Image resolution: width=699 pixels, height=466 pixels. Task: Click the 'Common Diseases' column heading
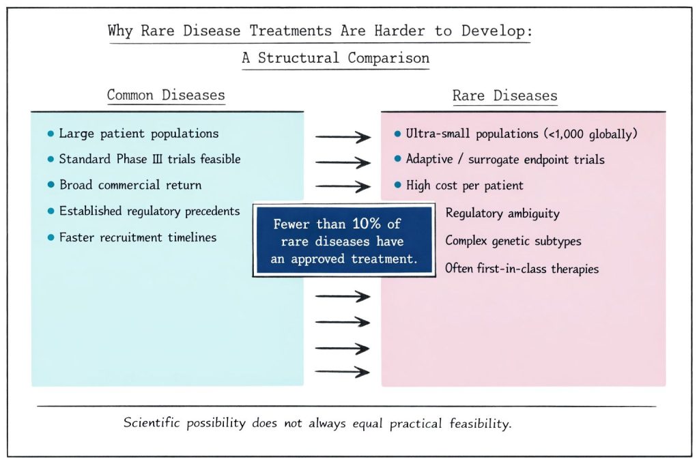[166, 95]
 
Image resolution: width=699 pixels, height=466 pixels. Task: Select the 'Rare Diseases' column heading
[504, 96]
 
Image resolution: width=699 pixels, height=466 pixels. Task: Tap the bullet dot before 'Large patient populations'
[50, 134]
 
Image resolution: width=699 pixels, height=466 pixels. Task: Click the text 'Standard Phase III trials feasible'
[149, 159]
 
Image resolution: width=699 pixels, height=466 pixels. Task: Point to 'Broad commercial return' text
[130, 185]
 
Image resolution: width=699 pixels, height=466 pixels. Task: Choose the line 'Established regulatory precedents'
[149, 212]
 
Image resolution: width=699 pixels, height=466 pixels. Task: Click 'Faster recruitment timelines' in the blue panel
[137, 237]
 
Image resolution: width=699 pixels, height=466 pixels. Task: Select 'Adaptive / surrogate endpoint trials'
[505, 159]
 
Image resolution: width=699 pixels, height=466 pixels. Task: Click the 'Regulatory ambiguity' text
[502, 214]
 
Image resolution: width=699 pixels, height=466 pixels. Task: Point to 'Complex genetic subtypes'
[513, 241]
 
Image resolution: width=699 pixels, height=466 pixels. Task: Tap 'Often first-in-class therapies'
[522, 269]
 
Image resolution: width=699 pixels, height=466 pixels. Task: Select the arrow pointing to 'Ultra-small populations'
[343, 137]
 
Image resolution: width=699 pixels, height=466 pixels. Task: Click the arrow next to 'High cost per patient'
[343, 186]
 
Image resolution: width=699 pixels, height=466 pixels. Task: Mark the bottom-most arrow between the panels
[343, 372]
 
